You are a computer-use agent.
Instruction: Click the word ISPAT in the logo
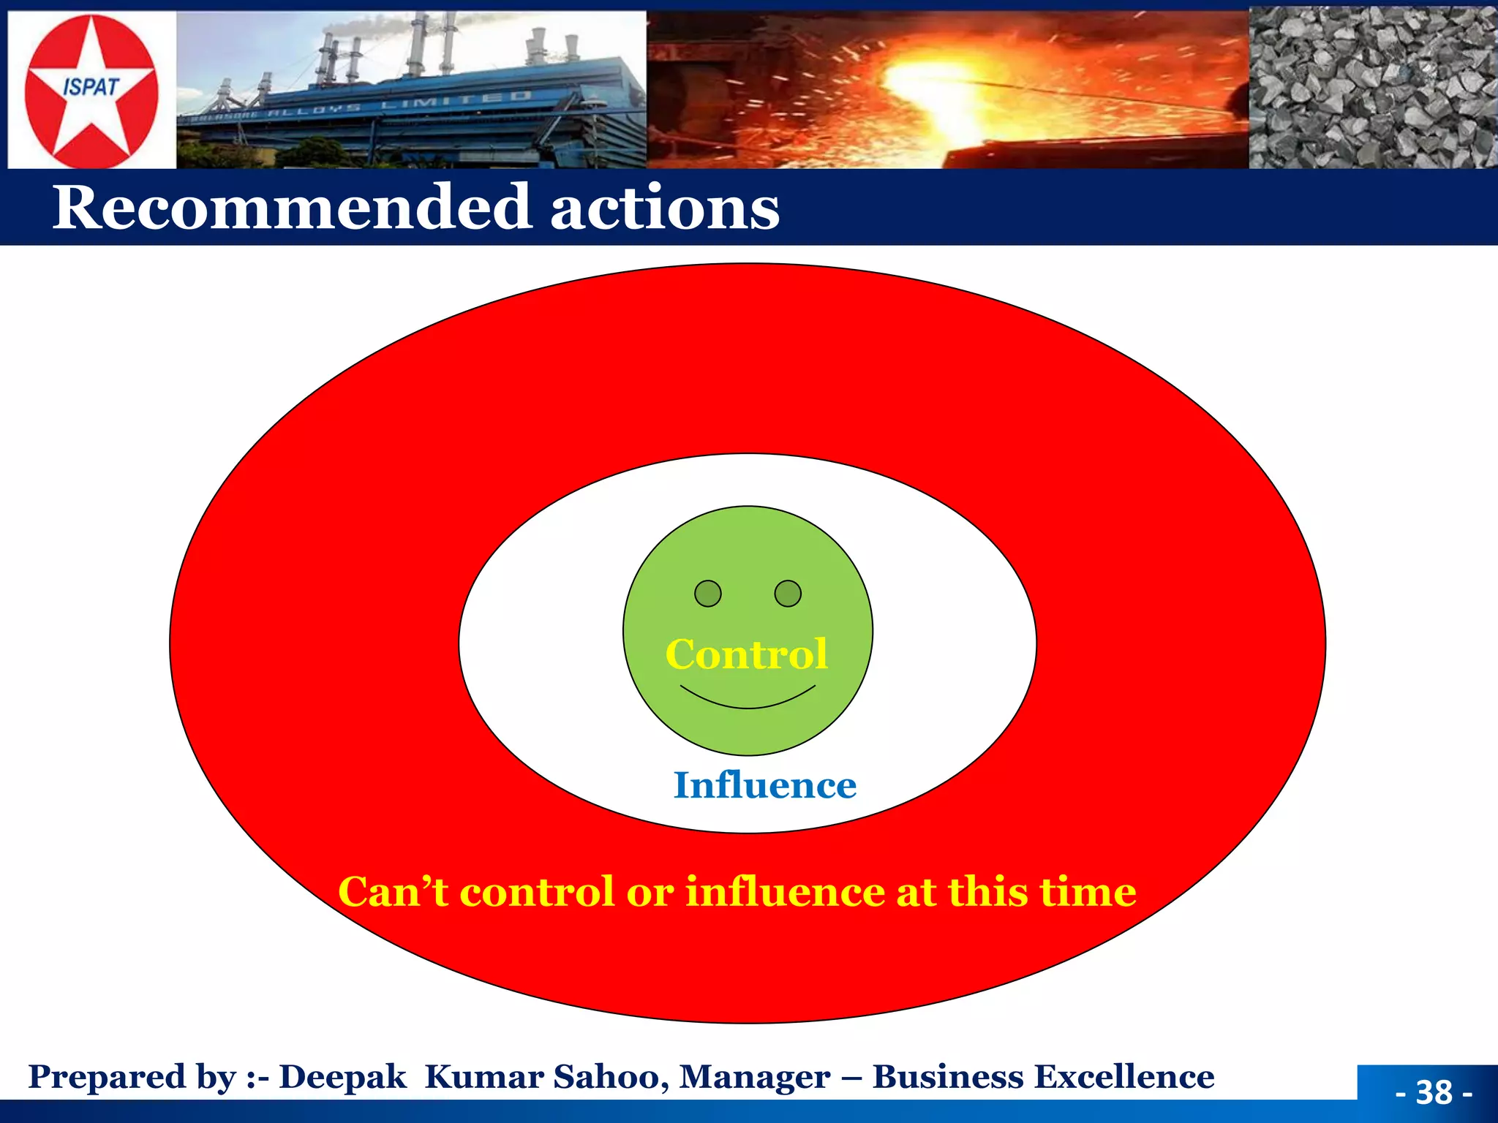(91, 87)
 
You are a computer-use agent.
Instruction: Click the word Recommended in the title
(291, 208)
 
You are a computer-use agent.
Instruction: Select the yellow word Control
(746, 654)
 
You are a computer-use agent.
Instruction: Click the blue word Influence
(764, 785)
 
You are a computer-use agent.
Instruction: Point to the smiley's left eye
(707, 593)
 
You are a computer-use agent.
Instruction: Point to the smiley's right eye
(788, 593)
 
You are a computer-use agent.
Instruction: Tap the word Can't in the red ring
(393, 891)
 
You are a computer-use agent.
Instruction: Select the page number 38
(1434, 1092)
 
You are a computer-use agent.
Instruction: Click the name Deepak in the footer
(342, 1077)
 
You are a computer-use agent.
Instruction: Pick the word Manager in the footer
(754, 1077)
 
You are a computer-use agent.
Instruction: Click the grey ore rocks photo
(1372, 88)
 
